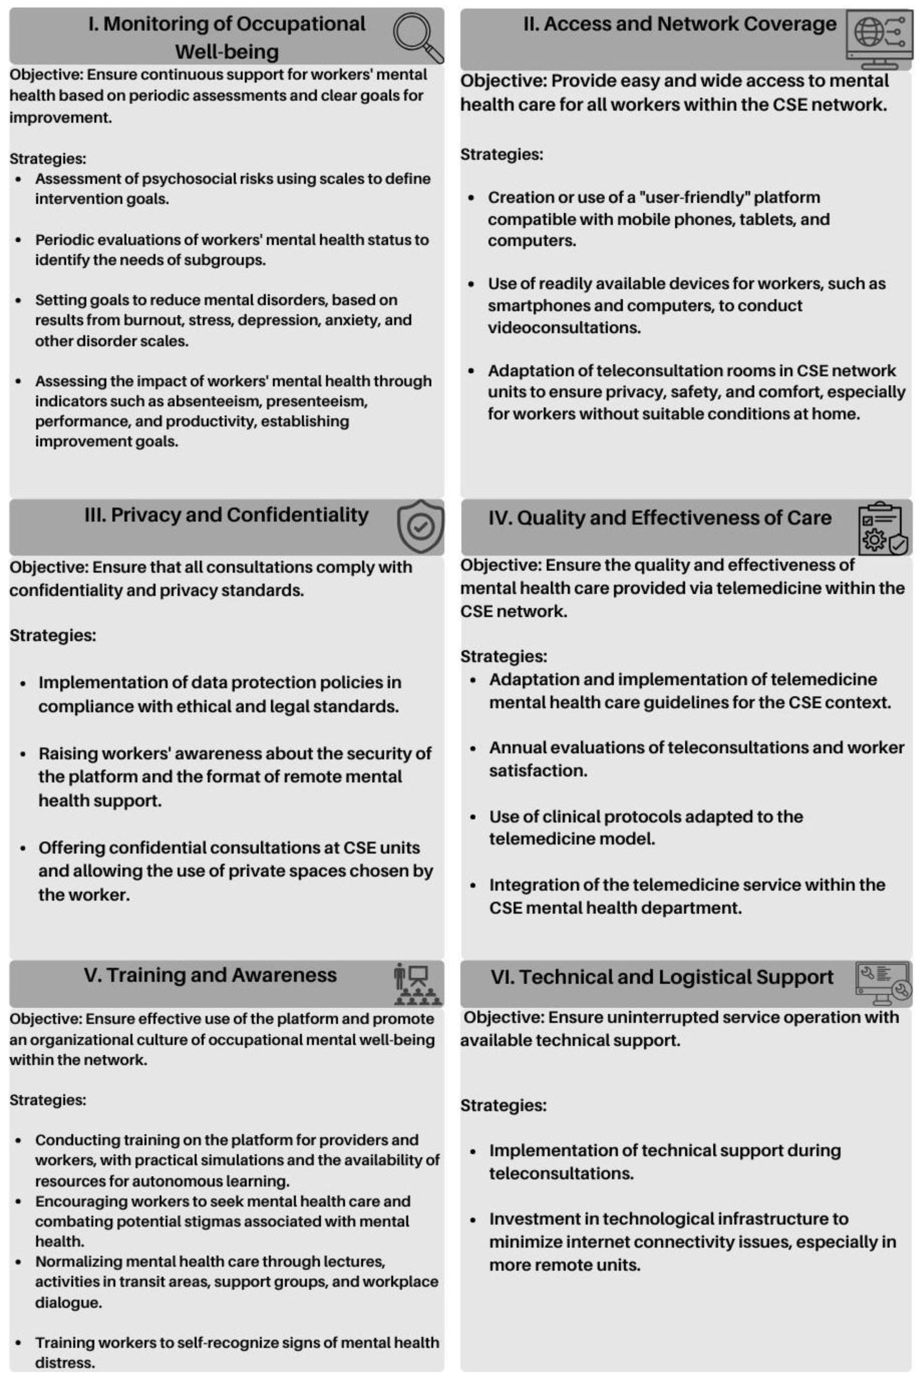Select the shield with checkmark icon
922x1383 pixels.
pyautogui.click(x=420, y=526)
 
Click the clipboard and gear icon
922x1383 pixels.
pyautogui.click(x=882, y=528)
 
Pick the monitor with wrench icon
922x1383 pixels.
pyautogui.click(x=882, y=984)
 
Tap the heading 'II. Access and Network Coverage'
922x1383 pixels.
pyautogui.click(x=679, y=24)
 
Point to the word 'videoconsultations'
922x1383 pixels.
pyautogui.click(x=564, y=328)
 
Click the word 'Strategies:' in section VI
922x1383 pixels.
pyautogui.click(x=503, y=1106)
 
